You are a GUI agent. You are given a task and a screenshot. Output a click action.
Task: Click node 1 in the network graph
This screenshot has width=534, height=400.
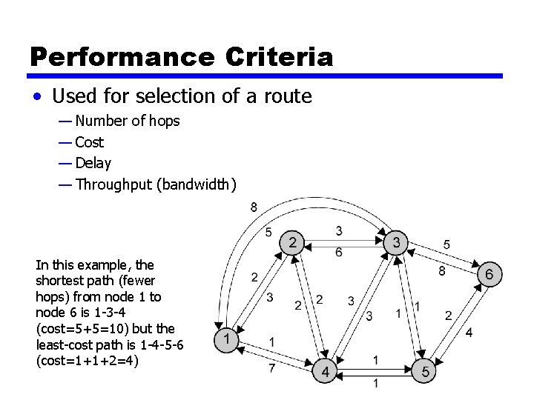point(227,340)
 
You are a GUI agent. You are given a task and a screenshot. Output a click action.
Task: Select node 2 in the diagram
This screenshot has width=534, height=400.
point(292,242)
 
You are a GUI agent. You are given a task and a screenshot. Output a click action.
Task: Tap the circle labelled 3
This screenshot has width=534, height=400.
point(397,242)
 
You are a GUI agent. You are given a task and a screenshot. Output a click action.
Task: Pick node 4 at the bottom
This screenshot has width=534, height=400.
point(325,370)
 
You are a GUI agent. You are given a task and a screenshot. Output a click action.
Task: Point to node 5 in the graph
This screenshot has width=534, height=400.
point(425,370)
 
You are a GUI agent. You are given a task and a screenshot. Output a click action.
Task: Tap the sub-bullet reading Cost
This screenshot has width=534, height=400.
point(89,142)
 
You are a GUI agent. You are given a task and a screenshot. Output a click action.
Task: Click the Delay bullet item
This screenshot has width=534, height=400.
point(93,163)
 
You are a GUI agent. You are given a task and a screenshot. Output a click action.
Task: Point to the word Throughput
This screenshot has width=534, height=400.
point(114,184)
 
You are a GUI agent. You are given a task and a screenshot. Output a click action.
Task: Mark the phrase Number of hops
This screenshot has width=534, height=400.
point(128,121)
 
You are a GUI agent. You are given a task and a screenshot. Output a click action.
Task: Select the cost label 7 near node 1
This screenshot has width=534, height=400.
point(272,368)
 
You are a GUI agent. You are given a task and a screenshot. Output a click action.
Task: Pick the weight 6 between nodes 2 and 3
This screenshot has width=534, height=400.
point(339,253)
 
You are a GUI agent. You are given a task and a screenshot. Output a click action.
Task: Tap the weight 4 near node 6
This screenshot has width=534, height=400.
point(469,333)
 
